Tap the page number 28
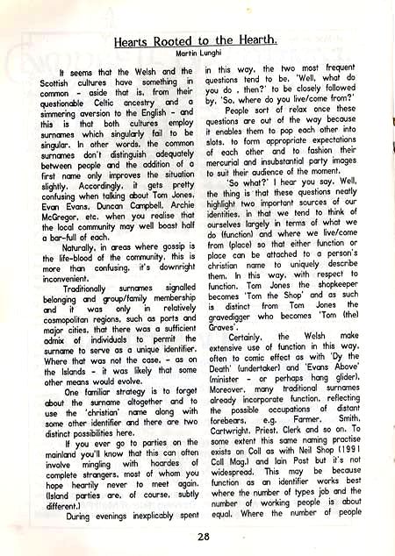(x=204, y=536)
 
